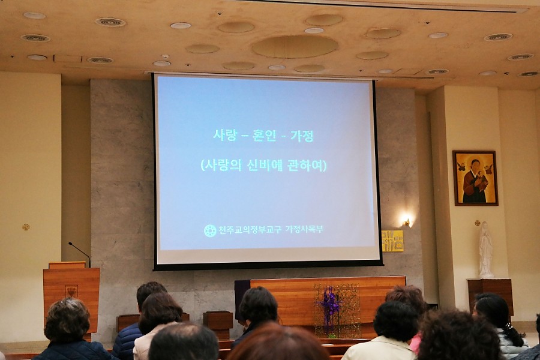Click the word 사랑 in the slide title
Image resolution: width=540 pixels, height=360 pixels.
click(x=225, y=135)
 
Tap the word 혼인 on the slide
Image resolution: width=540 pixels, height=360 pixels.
click(x=264, y=136)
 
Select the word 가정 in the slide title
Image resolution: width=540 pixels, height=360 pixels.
click(x=302, y=136)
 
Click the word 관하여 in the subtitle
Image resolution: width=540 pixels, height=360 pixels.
click(x=305, y=166)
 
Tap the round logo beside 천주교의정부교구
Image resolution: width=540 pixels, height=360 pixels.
click(x=210, y=230)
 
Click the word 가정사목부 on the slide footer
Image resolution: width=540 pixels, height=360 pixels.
click(x=304, y=229)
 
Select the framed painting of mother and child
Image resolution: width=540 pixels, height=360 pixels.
click(x=475, y=178)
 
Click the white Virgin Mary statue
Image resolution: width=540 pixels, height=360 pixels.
click(x=485, y=250)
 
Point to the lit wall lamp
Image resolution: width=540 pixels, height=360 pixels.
click(x=406, y=220)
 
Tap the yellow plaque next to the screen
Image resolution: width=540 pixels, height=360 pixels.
click(x=392, y=241)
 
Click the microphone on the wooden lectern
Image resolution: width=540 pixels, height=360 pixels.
click(x=80, y=253)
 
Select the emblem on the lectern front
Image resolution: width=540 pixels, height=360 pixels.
click(x=71, y=291)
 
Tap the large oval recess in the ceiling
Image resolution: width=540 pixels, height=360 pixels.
click(x=295, y=46)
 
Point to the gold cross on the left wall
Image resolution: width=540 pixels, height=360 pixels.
click(x=26, y=227)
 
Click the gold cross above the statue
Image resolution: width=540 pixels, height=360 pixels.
click(x=478, y=223)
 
